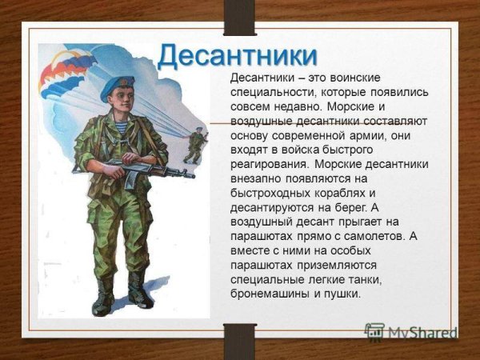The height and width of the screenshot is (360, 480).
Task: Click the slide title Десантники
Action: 238,56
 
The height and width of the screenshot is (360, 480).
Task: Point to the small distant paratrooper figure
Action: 194,146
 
